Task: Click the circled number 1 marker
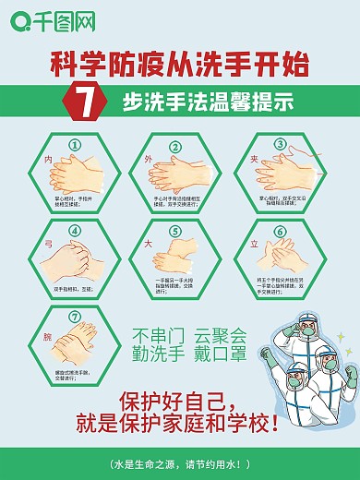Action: (76, 145)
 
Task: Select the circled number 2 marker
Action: (174, 146)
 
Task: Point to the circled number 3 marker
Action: (281, 144)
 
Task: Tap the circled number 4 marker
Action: (76, 232)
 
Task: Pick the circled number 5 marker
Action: (174, 232)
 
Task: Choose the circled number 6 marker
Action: (281, 232)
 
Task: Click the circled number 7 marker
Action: (76, 318)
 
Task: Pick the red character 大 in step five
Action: (147, 245)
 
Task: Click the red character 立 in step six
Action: (252, 246)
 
